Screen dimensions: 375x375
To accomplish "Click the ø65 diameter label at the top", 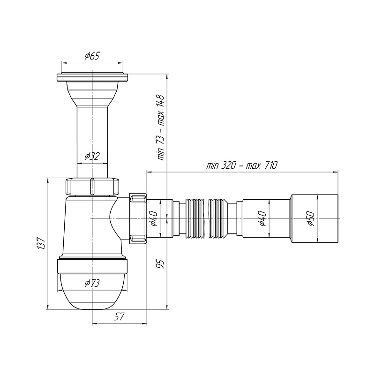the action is (92, 56).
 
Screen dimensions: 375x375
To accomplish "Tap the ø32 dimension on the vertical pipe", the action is (92, 157).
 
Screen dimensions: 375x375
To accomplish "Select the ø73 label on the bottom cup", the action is (92, 283).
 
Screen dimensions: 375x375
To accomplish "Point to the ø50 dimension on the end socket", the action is (310, 218).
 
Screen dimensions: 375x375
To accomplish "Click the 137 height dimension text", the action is (41, 243).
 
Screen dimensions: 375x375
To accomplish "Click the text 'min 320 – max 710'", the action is (242, 165).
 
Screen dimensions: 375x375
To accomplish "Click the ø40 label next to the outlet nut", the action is (153, 218).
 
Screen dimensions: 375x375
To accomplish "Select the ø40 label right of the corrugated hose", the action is (262, 218).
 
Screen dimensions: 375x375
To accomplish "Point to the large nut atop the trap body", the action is (92, 186).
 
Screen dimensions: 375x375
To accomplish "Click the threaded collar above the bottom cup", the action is (92, 266).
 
